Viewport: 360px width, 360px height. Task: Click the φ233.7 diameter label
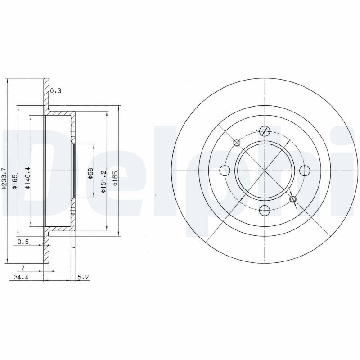pos(4,179)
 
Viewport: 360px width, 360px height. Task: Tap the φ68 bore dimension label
pos(90,174)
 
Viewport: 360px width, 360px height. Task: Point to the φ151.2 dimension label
pos(104,181)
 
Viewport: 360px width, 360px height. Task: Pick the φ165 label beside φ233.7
pos(15,182)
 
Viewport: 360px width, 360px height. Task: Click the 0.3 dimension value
pos(55,91)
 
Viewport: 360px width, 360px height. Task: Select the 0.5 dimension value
pos(23,242)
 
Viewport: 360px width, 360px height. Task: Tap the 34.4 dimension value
pos(21,277)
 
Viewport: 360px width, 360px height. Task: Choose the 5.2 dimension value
pos(83,277)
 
